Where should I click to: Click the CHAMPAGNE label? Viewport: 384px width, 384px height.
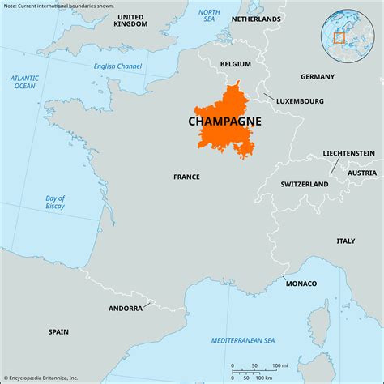(x=224, y=120)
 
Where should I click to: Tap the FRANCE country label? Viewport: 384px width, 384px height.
(x=187, y=176)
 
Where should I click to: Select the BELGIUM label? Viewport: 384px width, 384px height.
(x=235, y=63)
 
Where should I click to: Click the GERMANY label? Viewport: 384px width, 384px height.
(x=317, y=77)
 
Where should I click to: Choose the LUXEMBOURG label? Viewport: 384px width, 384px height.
(x=299, y=101)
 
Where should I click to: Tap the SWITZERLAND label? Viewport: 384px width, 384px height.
(x=304, y=184)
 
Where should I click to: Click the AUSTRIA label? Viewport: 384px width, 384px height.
(x=361, y=173)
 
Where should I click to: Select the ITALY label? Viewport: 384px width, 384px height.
(x=345, y=241)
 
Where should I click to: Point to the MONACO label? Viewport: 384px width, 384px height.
(x=301, y=284)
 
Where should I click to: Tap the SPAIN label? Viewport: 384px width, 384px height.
(x=58, y=331)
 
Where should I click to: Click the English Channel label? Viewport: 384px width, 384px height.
(x=117, y=66)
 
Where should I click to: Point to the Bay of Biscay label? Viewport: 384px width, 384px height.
(x=55, y=203)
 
